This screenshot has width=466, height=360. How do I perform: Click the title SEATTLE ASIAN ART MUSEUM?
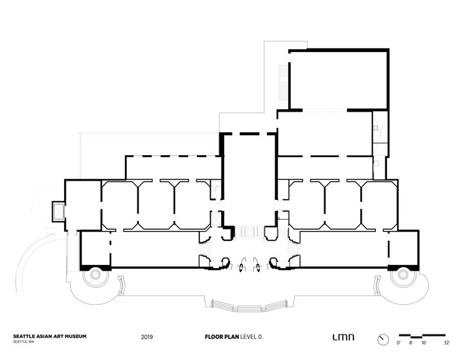[50, 336]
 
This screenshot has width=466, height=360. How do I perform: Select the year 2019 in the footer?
[146, 338]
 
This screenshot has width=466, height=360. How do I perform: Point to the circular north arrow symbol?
[382, 338]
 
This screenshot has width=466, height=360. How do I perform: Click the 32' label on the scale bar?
[446, 342]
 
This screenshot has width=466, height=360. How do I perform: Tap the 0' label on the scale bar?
[399, 342]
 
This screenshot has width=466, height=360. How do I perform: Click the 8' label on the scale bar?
[411, 342]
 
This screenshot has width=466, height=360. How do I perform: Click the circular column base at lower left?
[97, 274]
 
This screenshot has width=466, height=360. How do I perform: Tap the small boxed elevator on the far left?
[58, 212]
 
